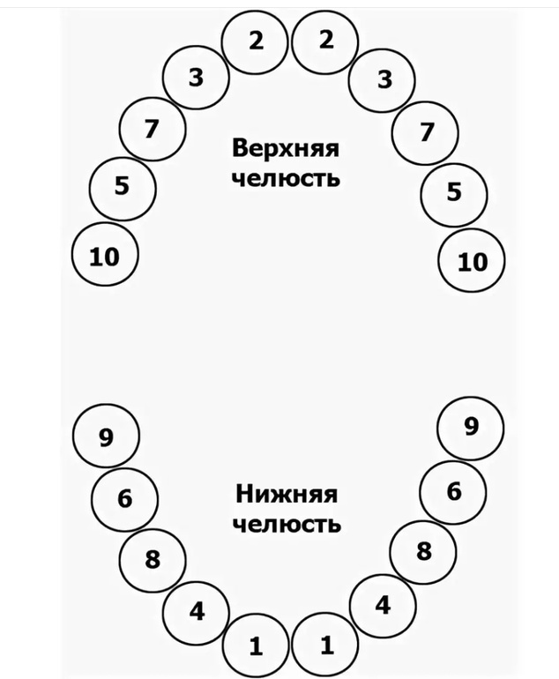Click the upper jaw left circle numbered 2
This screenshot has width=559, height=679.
(255, 41)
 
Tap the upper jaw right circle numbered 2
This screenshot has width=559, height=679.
(326, 41)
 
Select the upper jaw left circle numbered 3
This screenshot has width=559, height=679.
(197, 78)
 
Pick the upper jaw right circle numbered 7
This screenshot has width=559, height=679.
(427, 133)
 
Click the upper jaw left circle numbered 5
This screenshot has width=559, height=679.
(123, 186)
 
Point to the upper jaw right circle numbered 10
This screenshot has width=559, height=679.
(473, 262)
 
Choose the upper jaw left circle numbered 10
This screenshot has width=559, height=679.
(104, 257)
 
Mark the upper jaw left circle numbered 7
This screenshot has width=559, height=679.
(151, 130)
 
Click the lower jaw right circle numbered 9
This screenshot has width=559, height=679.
(471, 428)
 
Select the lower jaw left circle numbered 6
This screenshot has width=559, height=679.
(124, 498)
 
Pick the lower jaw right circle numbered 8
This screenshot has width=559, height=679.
(423, 551)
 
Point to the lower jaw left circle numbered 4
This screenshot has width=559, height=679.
(197, 610)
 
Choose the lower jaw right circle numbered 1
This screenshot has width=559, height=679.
(326, 645)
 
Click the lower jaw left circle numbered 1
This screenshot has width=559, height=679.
(255, 646)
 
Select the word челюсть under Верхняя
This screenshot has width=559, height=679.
(286, 177)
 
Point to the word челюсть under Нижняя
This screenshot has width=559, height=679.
(287, 525)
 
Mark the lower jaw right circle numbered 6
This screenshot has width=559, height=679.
(453, 491)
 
